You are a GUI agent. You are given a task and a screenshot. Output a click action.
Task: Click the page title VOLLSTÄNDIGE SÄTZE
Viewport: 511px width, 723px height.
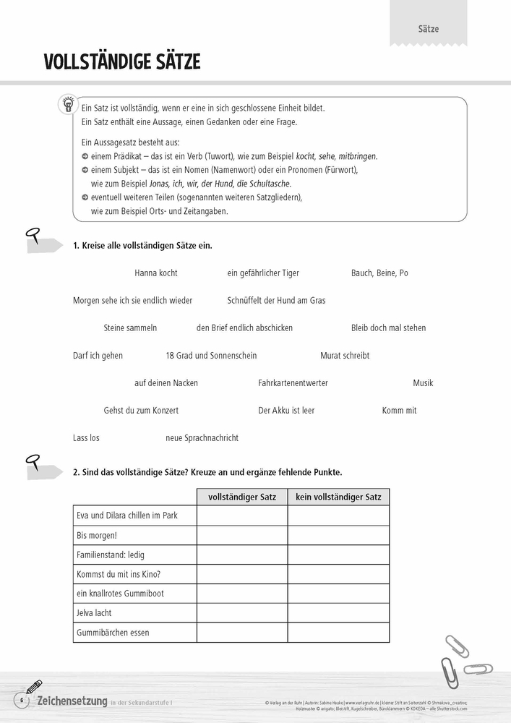[121, 62]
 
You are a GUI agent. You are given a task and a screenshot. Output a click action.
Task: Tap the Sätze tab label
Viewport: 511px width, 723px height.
[429, 30]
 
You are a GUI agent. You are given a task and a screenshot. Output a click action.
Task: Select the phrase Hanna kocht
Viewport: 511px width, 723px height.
[156, 273]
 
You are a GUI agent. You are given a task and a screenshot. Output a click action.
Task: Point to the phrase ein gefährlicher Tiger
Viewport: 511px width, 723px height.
[263, 273]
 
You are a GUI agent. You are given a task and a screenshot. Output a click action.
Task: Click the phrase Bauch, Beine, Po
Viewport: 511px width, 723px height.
[379, 273]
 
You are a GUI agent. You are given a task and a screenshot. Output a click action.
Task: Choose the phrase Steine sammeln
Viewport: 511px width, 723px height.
[130, 328]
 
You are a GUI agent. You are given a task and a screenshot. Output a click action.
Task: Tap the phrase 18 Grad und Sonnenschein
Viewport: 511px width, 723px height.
[211, 356]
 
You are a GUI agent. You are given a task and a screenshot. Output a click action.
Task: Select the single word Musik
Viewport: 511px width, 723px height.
[423, 383]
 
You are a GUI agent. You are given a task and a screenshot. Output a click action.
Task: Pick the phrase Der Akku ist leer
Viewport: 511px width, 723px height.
[286, 411]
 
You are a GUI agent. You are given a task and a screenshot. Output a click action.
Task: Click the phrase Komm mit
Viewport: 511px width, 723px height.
[399, 411]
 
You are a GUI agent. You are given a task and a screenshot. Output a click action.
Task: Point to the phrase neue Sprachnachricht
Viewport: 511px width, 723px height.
[202, 438]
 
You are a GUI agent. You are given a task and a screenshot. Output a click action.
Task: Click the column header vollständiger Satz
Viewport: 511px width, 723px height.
[242, 497]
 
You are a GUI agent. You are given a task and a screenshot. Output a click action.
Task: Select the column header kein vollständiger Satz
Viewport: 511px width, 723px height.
[338, 497]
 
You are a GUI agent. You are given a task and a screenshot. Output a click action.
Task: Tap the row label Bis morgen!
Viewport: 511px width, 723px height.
[97, 536]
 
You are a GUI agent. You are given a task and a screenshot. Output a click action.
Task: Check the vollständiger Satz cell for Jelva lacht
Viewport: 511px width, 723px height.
[242, 613]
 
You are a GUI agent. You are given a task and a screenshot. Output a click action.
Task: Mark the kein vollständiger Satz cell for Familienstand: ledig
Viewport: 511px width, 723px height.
[338, 555]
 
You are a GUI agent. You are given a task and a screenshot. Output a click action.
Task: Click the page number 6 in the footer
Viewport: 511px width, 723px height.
[22, 701]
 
